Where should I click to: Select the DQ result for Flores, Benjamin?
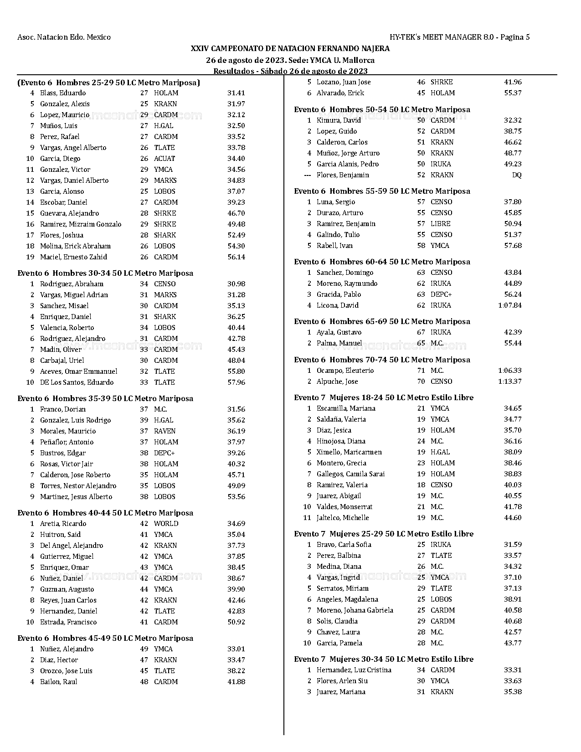[x=516, y=175]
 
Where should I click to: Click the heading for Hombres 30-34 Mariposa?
[x=105, y=273]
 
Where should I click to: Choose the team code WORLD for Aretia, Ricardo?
[x=166, y=524]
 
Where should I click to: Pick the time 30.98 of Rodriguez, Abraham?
[x=236, y=284]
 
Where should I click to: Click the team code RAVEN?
[x=165, y=431]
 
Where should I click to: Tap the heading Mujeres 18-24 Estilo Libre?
[x=384, y=397]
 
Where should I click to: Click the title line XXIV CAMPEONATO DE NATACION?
[x=290, y=48]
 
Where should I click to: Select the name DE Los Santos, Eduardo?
[x=77, y=382]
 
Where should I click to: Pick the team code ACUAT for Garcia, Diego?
[x=164, y=159]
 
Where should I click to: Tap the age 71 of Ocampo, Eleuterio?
[x=421, y=371]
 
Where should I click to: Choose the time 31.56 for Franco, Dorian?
[x=236, y=409]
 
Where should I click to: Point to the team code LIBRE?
[x=440, y=224]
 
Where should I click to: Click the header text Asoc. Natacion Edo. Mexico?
[x=64, y=37]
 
